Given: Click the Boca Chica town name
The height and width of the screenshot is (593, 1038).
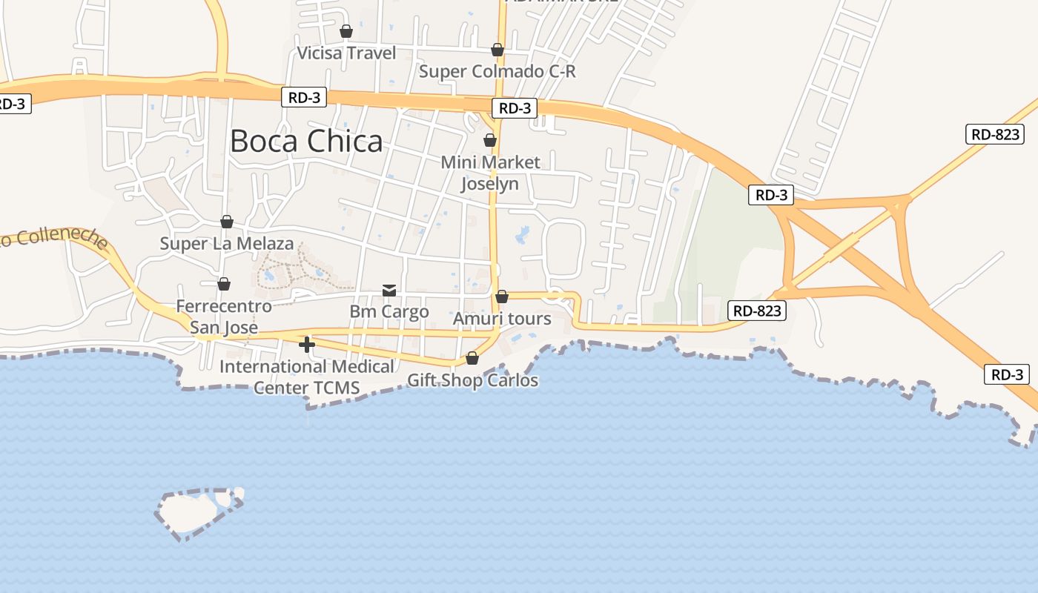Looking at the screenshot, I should [x=306, y=141].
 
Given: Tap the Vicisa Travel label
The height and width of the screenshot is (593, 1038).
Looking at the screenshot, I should [x=346, y=53].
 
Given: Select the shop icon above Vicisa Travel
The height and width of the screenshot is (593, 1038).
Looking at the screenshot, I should [x=346, y=31].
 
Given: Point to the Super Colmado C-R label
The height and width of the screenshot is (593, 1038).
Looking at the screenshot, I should [x=497, y=71].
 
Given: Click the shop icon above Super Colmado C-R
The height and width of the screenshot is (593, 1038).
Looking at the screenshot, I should [x=497, y=50].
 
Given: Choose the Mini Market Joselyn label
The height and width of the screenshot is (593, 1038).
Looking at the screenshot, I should [x=490, y=172].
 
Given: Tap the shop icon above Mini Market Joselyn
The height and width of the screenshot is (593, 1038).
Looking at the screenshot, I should [x=489, y=140].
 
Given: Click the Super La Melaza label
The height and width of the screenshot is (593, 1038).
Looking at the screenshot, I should [x=227, y=243].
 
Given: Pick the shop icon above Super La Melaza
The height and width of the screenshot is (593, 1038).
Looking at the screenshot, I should [x=227, y=222].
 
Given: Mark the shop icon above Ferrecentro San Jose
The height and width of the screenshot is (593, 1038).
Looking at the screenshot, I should [x=224, y=284].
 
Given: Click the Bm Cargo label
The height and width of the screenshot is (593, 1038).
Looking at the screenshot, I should [x=389, y=311].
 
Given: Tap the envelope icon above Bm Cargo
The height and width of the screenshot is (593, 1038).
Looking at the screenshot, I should [x=389, y=290].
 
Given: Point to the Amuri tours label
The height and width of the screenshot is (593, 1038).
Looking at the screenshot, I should [x=502, y=319].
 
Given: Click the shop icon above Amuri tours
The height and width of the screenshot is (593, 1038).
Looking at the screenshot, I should [x=502, y=296].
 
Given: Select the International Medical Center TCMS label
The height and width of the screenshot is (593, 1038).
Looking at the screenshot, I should [x=307, y=377].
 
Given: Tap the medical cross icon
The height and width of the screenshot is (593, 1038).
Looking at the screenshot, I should [x=307, y=345].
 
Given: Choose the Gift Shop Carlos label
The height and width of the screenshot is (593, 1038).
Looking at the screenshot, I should [x=472, y=380].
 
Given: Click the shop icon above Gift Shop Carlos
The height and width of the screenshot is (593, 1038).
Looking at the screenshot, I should [x=472, y=359].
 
